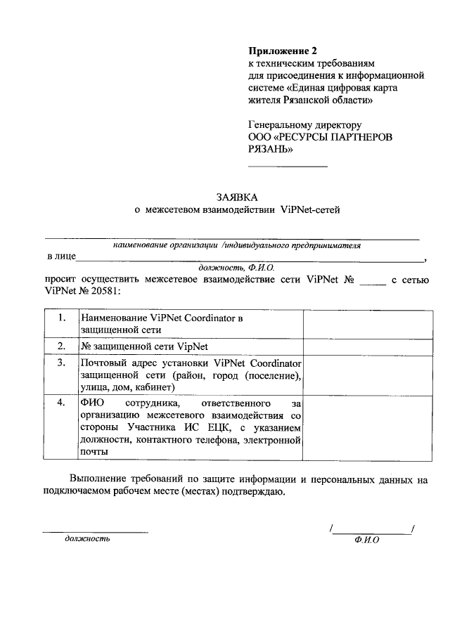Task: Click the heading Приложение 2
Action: [283, 51]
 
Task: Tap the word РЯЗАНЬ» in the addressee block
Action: [271, 149]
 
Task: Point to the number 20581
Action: [103, 290]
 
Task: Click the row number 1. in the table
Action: [62, 318]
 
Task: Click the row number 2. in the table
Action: [62, 346]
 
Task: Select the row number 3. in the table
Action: [62, 363]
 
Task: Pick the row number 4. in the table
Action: [62, 403]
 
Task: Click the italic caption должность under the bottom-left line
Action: [87, 539]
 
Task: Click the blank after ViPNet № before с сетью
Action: [373, 282]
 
